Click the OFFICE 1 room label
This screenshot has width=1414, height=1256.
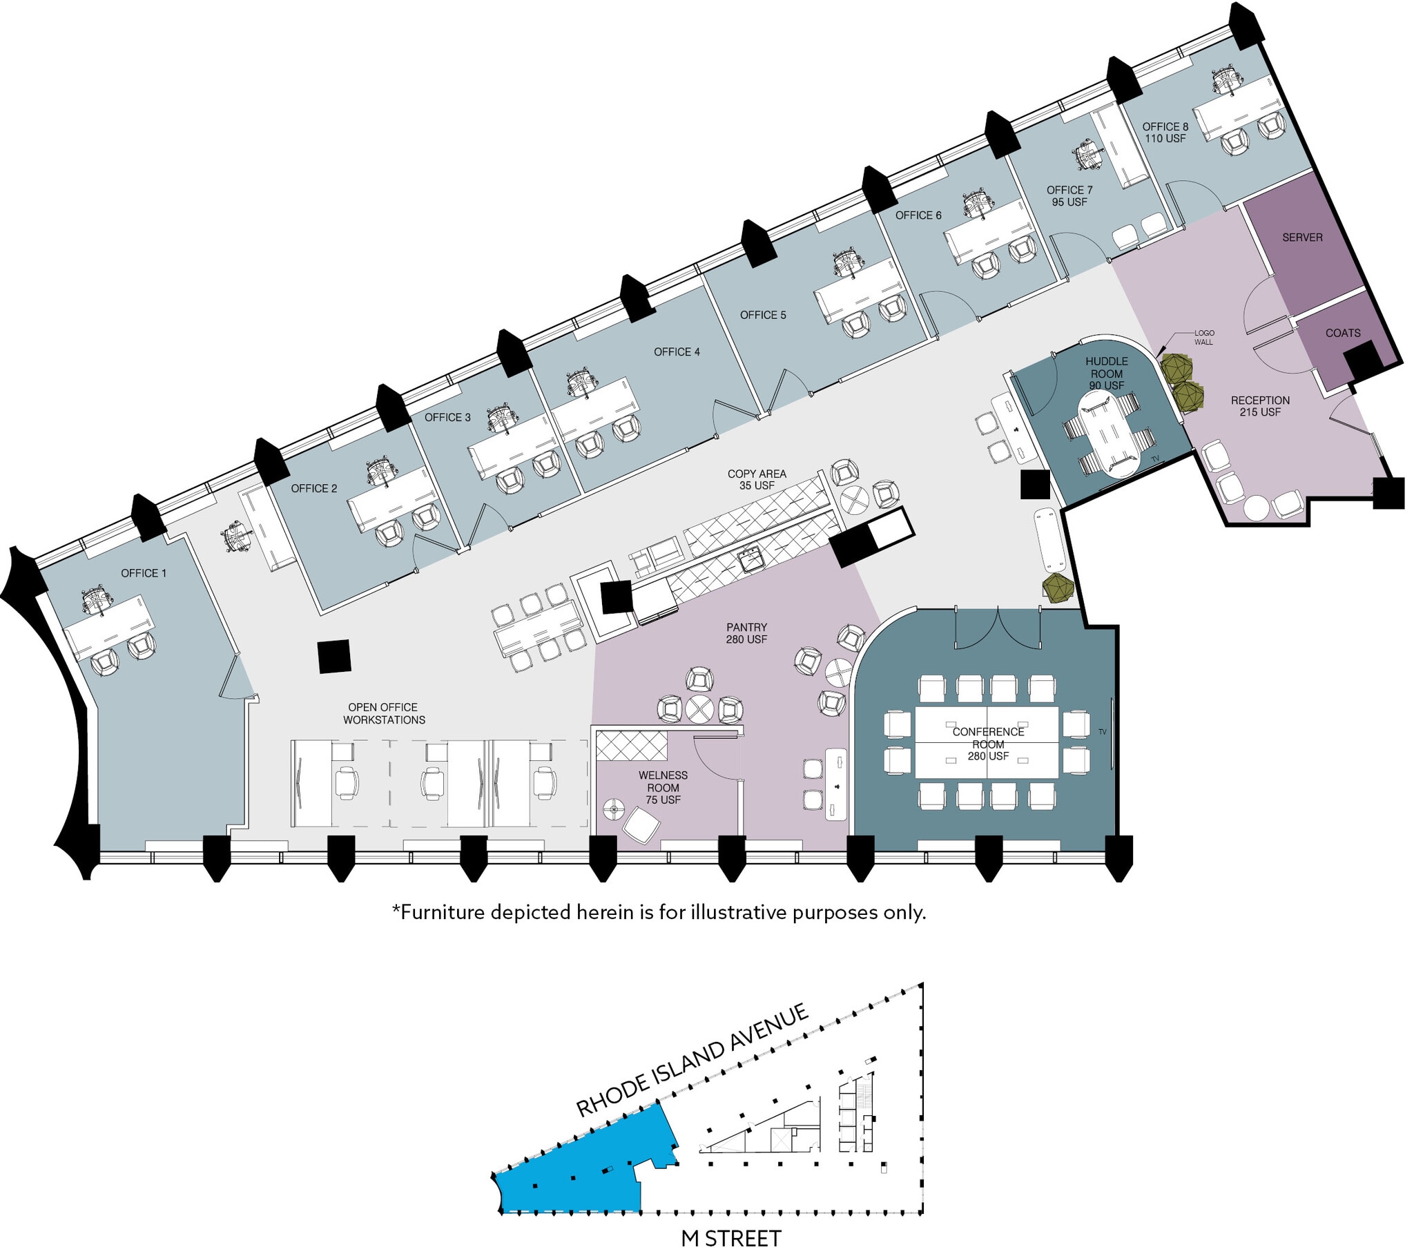point(143,573)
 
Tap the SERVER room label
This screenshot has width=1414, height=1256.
point(1302,238)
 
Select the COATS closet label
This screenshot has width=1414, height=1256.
point(1343,333)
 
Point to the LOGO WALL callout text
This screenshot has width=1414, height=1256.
point(1203,337)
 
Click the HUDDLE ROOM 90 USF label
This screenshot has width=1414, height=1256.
point(1106,373)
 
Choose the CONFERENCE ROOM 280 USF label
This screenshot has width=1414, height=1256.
point(988,744)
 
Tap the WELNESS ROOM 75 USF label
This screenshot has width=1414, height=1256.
point(663,788)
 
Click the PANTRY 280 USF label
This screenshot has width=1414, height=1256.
point(746,633)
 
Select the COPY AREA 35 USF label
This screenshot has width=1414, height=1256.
point(757,480)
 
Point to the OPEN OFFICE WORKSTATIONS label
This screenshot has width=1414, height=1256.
point(384,713)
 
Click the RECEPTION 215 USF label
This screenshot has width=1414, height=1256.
point(1260,406)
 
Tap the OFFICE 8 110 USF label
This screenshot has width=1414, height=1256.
point(1165,132)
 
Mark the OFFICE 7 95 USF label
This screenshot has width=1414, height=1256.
point(1069,196)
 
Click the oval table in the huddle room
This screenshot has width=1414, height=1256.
point(1109,433)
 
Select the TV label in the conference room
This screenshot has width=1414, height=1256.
point(1102,732)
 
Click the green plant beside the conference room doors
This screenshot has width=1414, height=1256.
point(1058,588)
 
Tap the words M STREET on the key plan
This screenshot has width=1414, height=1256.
point(731,1238)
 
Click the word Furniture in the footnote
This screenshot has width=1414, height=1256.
point(443,912)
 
